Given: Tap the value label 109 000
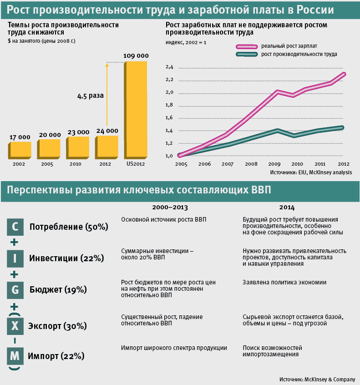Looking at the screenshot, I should coord(136,56).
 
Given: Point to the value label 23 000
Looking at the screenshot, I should coord(78,132).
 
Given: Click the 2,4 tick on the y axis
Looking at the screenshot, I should coord(170,67).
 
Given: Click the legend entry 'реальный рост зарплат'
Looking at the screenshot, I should coord(289,46).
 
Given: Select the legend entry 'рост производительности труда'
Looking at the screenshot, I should coord(299,54).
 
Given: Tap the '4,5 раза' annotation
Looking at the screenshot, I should coord(90,96).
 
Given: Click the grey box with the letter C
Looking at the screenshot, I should coord(15,226).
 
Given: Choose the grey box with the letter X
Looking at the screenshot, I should coord(15,326).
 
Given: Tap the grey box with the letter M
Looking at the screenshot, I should coord(15,356).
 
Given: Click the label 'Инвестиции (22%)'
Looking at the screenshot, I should coord(66,258).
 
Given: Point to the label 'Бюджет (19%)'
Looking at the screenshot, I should coord(58,289).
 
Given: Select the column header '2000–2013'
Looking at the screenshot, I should coord(169,207).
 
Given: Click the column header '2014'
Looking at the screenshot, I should coord(287,207).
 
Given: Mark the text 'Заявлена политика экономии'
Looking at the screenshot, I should coord(284,282).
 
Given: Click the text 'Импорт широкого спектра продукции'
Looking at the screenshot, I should coord(174,348).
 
